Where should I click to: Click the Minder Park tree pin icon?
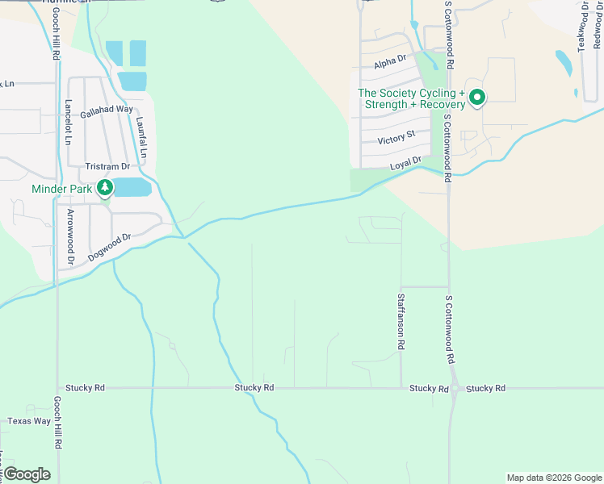(x=105, y=189)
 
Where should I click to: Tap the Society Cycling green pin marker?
(x=477, y=98)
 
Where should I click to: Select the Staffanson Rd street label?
(x=401, y=320)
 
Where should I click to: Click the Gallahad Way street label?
(x=107, y=109)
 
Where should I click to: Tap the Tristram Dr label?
(x=107, y=166)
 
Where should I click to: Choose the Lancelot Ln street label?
(x=69, y=122)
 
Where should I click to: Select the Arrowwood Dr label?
(x=71, y=237)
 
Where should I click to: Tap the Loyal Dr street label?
(x=406, y=164)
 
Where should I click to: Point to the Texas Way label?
(x=29, y=421)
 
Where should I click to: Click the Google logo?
(x=27, y=474)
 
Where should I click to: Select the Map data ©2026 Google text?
(x=554, y=478)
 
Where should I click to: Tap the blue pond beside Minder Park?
(x=132, y=187)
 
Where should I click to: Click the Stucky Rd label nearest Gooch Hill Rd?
(x=88, y=388)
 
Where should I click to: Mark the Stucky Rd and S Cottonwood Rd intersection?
(x=455, y=389)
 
